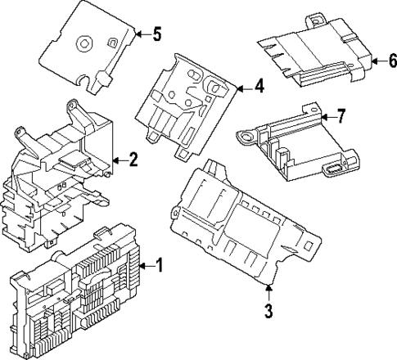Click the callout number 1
[x=160, y=265]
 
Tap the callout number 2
[x=133, y=159]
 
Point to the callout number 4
[x=259, y=85]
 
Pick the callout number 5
[x=157, y=34]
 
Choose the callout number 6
[x=391, y=61]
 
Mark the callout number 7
[x=341, y=117]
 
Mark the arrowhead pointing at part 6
[x=373, y=61]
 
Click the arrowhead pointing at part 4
[x=241, y=85]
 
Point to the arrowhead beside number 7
[x=324, y=117]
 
